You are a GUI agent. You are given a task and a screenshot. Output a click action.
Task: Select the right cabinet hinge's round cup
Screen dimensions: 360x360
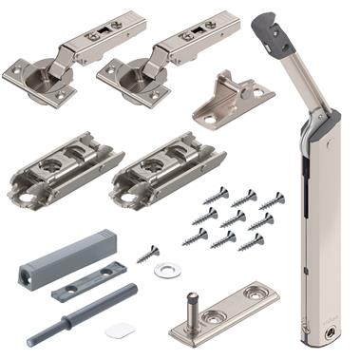pyautogui.click(x=126, y=75)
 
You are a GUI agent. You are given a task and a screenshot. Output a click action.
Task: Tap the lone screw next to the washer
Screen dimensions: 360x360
pyautogui.click(x=148, y=254)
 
